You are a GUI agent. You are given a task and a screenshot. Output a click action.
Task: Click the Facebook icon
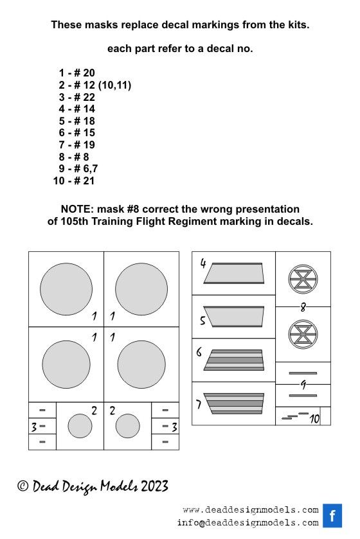pyautogui.click(x=332, y=515)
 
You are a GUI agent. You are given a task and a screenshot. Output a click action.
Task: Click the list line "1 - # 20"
pyautogui.click(x=76, y=73)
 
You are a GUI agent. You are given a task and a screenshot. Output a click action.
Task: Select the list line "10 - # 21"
pyautogui.click(x=73, y=181)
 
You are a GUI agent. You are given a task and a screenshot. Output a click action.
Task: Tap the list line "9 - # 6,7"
pyautogui.click(x=78, y=168)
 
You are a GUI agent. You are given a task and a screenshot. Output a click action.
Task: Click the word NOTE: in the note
pyautogui.click(x=77, y=209)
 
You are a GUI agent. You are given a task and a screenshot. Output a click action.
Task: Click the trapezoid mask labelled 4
pyautogui.click(x=234, y=273)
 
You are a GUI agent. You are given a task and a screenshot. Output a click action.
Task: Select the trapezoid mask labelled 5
pyautogui.click(x=234, y=316)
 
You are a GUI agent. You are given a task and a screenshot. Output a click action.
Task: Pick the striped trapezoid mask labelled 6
pyautogui.click(x=234, y=360)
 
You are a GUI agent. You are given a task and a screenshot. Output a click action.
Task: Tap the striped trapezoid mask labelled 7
pyautogui.click(x=234, y=403)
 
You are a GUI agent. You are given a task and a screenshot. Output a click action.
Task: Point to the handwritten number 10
pyautogui.click(x=314, y=419)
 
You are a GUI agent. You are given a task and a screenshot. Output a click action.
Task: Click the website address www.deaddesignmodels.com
pyautogui.click(x=251, y=510)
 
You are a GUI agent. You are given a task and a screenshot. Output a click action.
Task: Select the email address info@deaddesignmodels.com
pyautogui.click(x=248, y=523)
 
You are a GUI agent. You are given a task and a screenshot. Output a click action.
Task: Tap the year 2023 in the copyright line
pyautogui.click(x=155, y=486)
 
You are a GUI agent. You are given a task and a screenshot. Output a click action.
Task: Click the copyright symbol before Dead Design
pyautogui.click(x=22, y=486)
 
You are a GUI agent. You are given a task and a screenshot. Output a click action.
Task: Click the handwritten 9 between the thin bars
pyautogui.click(x=303, y=385)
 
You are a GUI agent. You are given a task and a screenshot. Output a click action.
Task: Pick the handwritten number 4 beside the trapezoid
pyautogui.click(x=203, y=263)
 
